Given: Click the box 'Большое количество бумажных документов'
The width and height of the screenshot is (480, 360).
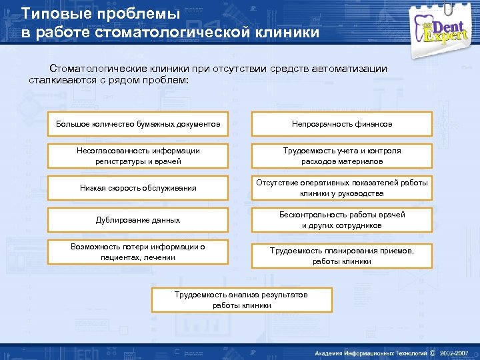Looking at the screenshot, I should pos(138,124).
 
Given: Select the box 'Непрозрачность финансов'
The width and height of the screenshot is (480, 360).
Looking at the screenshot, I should pos(341,124).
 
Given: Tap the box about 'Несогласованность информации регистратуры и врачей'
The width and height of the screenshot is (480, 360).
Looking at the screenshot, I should pos(138,156).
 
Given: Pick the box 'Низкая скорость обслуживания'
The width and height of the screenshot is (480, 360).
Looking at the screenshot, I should pos(138,188).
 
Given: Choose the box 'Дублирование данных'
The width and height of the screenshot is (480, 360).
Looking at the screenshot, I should pos(138,220).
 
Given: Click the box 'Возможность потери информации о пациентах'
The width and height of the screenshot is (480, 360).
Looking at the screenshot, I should pos(138,252).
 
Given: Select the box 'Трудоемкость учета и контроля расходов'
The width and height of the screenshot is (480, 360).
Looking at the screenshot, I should pos(341,156).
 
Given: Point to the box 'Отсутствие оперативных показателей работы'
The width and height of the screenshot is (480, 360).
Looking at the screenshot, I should pos(341,188).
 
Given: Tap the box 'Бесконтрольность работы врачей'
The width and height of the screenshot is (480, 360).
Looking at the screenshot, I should pos(341,220).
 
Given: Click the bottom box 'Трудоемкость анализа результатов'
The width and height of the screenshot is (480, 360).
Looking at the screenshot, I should pos(241,299).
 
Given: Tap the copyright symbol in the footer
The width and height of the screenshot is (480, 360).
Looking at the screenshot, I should pos(433,353).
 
